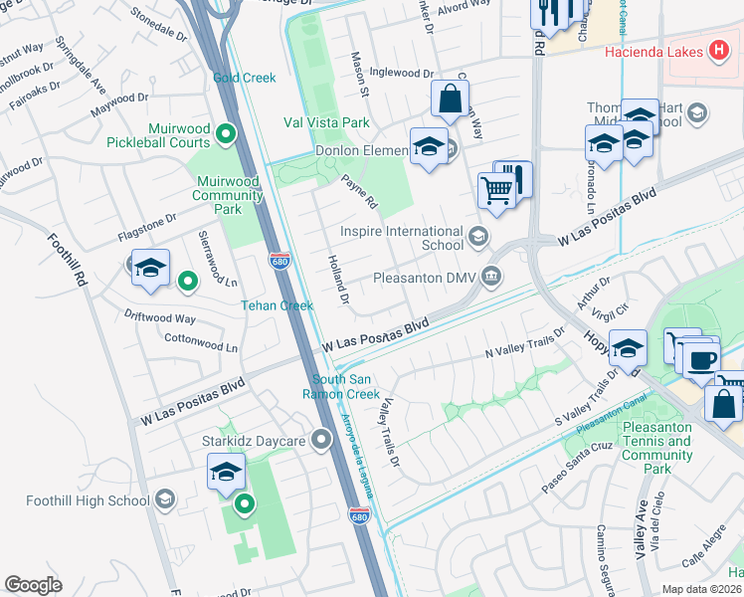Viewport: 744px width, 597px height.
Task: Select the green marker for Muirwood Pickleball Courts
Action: [x=227, y=132]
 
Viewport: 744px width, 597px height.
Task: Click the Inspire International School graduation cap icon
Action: [x=478, y=236]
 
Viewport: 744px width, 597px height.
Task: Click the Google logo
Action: [x=33, y=585]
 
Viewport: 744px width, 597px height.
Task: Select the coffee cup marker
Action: [x=701, y=358]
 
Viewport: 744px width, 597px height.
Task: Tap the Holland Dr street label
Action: [x=339, y=279]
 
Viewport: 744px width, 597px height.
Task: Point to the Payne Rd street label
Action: [x=360, y=192]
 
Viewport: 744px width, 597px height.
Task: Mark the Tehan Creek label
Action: [x=278, y=305]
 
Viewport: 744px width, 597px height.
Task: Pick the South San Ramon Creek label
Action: [x=346, y=386]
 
